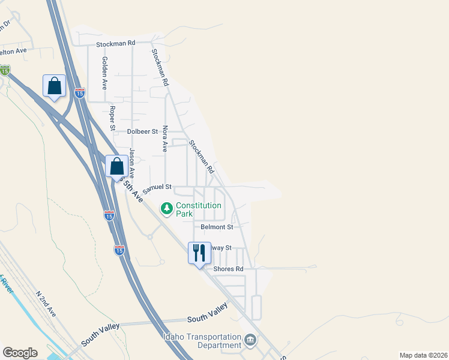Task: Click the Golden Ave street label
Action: coord(104,73)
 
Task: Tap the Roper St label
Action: coord(112,118)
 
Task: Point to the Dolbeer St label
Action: coord(142,131)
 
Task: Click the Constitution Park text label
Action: coord(199,209)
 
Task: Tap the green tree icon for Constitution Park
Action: coord(166,209)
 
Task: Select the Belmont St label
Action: coord(217,227)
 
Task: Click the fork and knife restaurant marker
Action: coord(199,253)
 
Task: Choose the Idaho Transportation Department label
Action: coord(202,341)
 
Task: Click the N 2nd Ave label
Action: coord(46,304)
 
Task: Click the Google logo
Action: coord(20,353)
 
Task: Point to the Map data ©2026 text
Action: coord(423,355)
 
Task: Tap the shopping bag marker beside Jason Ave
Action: coord(117,166)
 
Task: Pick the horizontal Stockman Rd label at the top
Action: coord(116,43)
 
